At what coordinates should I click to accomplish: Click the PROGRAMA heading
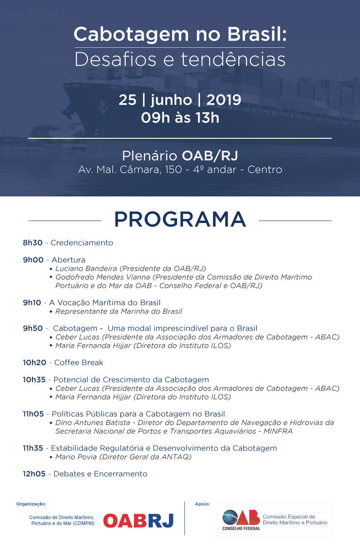180,219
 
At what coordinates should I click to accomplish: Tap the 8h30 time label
32,243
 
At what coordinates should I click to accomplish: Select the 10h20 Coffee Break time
34,362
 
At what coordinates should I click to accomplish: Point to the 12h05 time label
34,473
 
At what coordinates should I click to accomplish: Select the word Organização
31,504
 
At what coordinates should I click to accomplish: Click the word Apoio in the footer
202,504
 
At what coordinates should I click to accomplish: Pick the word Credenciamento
82,243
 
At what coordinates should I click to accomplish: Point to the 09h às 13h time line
180,118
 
